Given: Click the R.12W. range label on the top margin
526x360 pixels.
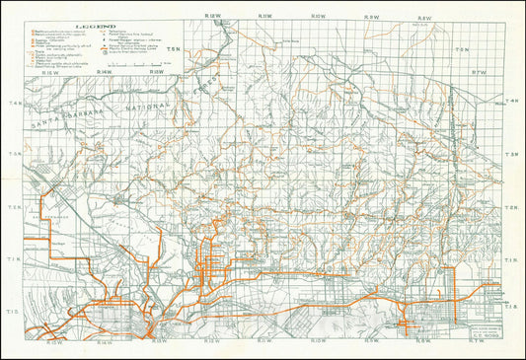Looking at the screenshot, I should [x=209, y=17].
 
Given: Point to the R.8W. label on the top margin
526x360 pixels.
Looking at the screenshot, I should [x=425, y=17].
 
